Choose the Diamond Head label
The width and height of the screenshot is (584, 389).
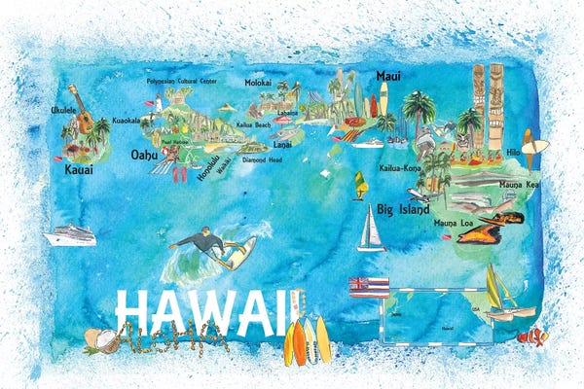(261, 159)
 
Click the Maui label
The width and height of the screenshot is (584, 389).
(388, 75)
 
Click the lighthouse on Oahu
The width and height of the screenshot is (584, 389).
(157, 104)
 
